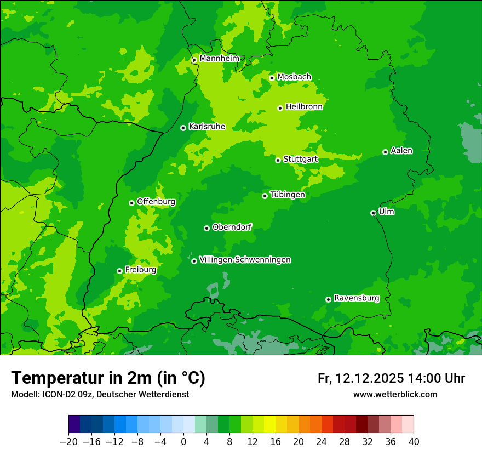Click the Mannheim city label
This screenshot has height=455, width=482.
coord(219,58)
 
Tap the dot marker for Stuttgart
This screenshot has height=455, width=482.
coord(278,160)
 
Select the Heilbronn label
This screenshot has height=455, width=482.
coord(304,107)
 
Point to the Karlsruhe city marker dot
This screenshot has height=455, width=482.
coord(183,128)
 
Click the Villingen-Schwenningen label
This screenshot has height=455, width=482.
coord(245,260)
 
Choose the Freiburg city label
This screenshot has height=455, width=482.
coord(140,270)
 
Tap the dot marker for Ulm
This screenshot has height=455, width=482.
coord(373,213)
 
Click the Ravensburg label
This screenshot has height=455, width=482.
coord(356,298)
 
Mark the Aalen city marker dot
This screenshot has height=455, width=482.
coord(385,152)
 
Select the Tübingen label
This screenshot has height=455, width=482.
coord(287,195)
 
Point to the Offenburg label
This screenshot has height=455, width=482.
coord(156,202)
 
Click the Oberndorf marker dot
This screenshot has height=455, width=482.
coord(206,228)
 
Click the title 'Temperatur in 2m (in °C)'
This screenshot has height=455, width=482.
coord(108,378)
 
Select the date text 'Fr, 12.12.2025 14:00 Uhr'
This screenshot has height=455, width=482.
coord(391,378)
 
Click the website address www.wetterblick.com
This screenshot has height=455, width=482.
coord(395,394)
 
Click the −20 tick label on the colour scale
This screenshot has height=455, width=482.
coord(68,442)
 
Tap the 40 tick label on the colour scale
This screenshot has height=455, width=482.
coord(414,442)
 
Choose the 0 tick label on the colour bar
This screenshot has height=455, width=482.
coord(183,442)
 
